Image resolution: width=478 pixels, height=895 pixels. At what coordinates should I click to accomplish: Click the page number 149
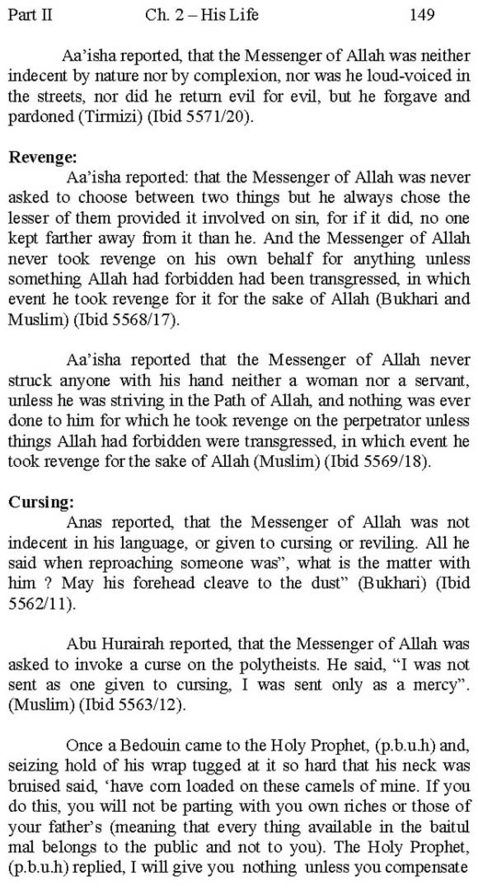click(x=421, y=15)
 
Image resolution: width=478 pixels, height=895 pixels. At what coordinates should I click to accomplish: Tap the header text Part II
click(x=30, y=15)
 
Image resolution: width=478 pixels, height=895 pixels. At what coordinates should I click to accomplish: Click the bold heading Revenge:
click(x=43, y=157)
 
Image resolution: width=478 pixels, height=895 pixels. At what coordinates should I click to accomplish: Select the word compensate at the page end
click(x=426, y=868)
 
